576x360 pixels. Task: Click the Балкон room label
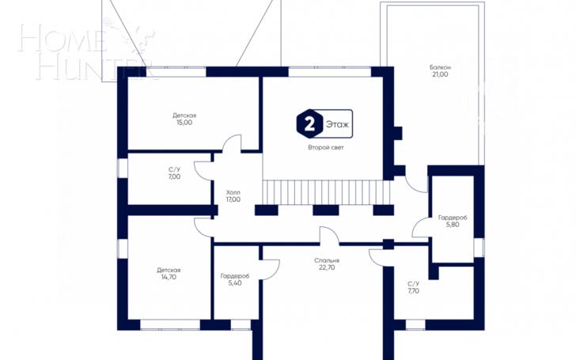[x=440, y=67]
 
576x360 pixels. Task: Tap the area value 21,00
[x=440, y=74]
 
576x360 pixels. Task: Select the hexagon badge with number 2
[x=309, y=123]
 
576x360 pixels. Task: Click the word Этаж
[x=337, y=124]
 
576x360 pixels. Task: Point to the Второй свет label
[x=326, y=148]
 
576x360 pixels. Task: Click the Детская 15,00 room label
[x=184, y=119]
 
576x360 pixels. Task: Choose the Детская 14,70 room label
[x=169, y=274]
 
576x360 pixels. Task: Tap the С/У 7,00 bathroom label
[x=175, y=173]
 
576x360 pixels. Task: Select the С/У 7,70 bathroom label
[x=413, y=287]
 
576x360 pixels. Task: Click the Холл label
[x=233, y=192]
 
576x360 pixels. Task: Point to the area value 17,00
[x=233, y=199]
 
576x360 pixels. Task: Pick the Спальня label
[x=327, y=260]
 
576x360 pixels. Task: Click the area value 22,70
[x=327, y=267]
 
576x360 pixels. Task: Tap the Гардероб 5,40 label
[x=235, y=279]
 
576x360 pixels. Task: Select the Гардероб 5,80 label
[x=453, y=221]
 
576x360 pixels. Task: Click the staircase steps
[x=326, y=192]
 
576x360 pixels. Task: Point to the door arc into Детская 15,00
[x=229, y=138]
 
